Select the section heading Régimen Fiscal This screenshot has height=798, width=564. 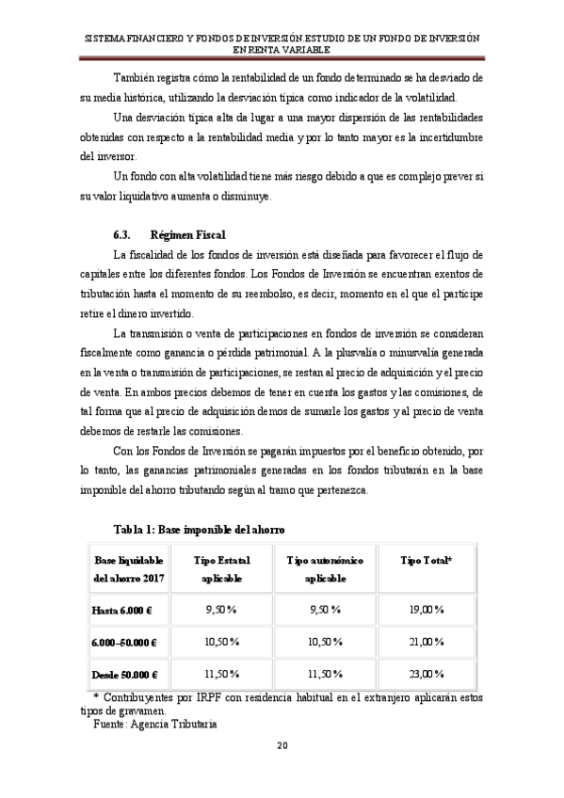pyautogui.click(x=187, y=232)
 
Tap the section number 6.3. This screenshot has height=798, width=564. pyautogui.click(x=121, y=232)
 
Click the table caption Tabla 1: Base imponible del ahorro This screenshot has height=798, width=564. pyautogui.click(x=198, y=530)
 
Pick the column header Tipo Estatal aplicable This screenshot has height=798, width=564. pyautogui.click(x=221, y=568)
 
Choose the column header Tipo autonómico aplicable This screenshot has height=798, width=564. pyautogui.click(x=325, y=568)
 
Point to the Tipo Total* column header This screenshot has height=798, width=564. pyautogui.click(x=426, y=561)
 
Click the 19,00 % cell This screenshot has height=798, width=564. pyautogui.click(x=426, y=610)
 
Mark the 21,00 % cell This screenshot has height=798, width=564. pyautogui.click(x=426, y=642)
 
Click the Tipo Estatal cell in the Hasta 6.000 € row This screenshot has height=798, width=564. pyautogui.click(x=221, y=610)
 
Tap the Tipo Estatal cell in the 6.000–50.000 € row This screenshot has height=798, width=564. pyautogui.click(x=221, y=642)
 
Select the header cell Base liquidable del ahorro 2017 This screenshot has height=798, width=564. pyautogui.click(x=128, y=568)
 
